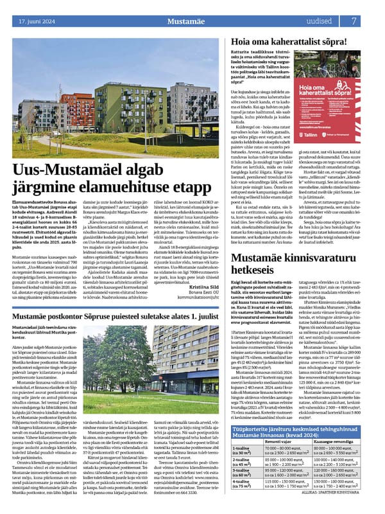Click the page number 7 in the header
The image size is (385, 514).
pos(372,21)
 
